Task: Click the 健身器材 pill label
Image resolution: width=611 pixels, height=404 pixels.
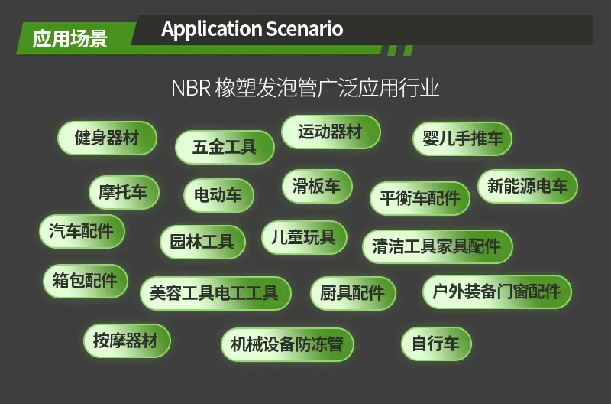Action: [107, 138]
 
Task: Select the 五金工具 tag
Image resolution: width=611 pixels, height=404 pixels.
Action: [225, 147]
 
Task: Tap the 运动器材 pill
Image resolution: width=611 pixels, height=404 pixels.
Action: [331, 132]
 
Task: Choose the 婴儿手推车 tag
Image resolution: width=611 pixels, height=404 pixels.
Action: [462, 138]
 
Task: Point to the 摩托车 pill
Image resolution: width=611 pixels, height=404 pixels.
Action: [124, 192]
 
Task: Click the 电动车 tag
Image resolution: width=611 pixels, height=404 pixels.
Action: [218, 195]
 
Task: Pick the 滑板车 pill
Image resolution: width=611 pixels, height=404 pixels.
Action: [317, 186]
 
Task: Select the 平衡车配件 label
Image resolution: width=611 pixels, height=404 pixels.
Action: [419, 198]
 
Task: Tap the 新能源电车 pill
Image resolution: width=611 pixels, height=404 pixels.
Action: [528, 186]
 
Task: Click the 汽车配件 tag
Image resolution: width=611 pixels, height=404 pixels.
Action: [82, 231]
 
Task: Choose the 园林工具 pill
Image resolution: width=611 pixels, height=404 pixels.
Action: [202, 242]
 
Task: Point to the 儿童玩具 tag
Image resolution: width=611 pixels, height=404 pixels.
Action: [304, 237]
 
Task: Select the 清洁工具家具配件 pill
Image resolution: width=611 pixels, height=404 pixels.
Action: [437, 246]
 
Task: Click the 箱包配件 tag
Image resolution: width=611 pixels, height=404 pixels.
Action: [86, 281]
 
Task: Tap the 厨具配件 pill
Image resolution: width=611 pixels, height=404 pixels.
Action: [353, 293]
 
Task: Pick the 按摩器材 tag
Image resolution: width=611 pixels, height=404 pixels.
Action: [127, 340]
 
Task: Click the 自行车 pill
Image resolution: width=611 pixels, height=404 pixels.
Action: [436, 344]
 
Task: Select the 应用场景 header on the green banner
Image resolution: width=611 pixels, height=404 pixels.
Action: [70, 39]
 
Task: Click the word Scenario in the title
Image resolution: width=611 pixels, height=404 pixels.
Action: [304, 29]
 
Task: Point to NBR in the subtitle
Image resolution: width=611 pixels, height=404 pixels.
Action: [191, 88]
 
